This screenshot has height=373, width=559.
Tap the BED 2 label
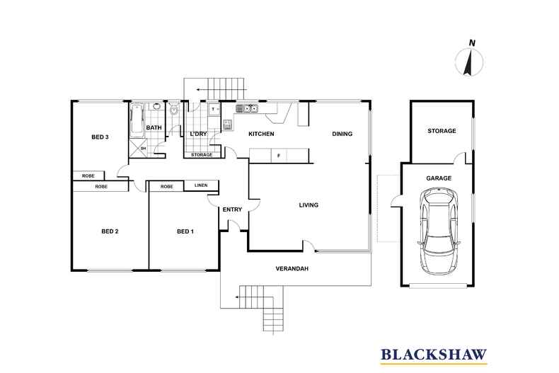109,231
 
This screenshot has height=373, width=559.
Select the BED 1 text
185,231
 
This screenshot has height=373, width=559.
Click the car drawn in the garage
439,231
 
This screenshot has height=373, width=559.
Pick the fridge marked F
279,155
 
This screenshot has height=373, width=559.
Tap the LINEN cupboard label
201,186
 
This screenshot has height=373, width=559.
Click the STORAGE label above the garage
442,131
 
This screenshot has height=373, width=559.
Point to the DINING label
342,134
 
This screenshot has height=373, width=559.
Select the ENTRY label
232,210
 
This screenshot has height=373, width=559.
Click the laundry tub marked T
213,109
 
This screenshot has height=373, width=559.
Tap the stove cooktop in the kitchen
228,125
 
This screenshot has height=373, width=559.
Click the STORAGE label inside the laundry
202,154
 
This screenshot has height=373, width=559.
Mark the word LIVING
309,205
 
